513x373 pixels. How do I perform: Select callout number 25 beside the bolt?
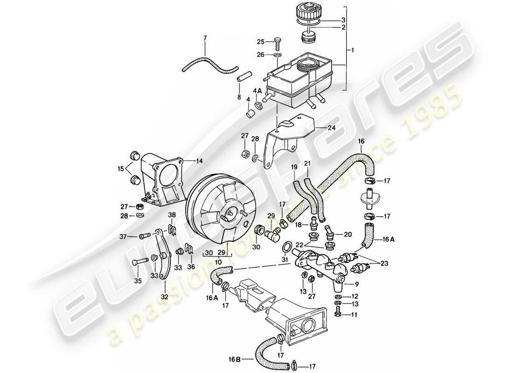tap(261, 41)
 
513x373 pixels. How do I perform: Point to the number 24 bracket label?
tap(332, 127)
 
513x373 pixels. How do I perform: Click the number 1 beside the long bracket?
tap(353, 50)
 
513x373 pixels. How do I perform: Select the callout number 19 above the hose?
tap(294, 166)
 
